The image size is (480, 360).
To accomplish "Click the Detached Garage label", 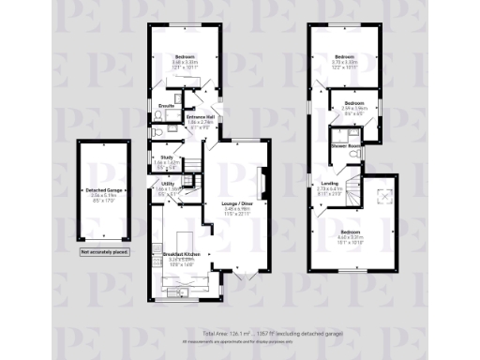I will (x=97, y=188).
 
